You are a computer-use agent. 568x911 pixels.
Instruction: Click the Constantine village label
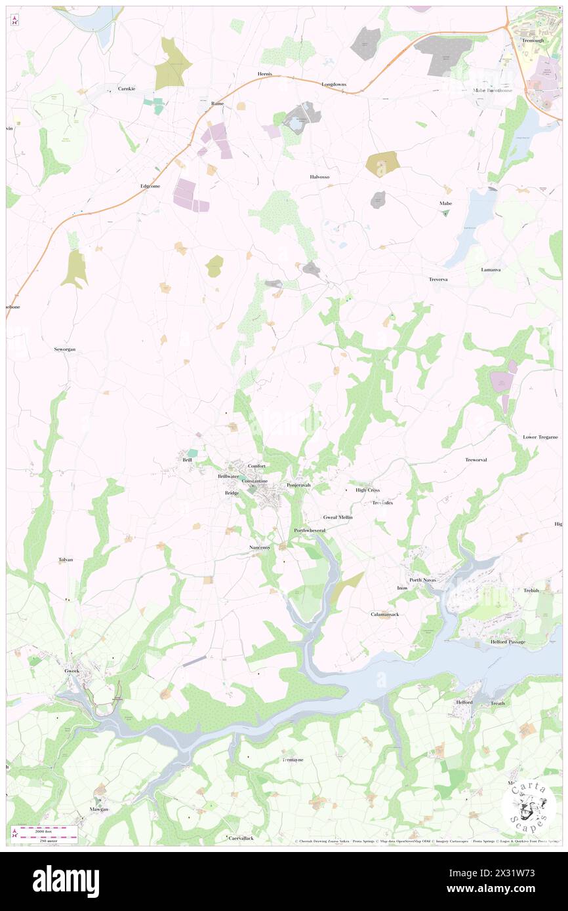coord(254,481)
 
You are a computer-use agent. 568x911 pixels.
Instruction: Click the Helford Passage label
coord(508,642)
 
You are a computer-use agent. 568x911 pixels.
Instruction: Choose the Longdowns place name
coord(333,85)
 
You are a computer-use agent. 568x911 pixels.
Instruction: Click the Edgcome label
coord(150,186)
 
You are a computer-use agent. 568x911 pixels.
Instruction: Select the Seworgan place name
coord(64,349)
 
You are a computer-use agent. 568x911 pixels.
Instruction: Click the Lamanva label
coord(490,269)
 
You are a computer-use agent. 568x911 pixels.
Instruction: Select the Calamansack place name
coord(384,614)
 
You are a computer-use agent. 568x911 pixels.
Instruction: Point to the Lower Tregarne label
coord(540,437)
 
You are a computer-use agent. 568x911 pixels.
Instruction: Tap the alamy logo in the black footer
coord(66,881)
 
